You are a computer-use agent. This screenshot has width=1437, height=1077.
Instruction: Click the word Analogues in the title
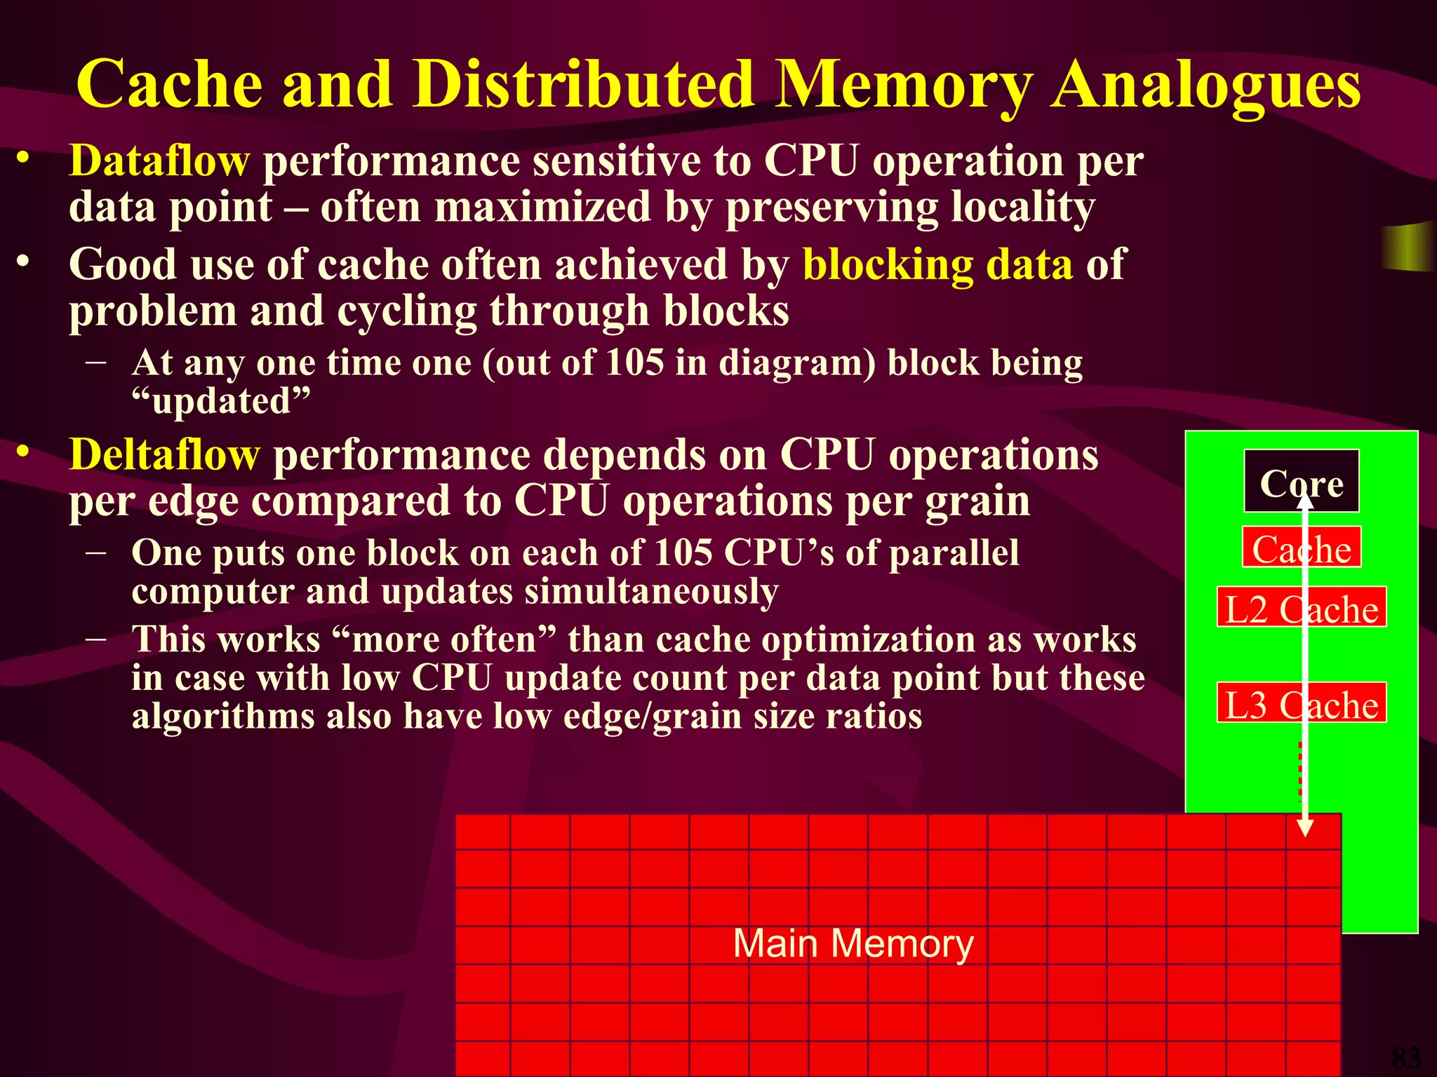click(1205, 86)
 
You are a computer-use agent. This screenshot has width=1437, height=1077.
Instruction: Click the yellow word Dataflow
click(159, 161)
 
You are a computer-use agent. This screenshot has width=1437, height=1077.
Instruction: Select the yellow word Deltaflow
click(164, 454)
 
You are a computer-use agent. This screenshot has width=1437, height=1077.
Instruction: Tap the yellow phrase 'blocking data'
click(937, 265)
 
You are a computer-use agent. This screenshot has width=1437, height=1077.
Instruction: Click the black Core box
click(1302, 482)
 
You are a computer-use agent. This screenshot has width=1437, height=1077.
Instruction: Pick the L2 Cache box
click(1302, 608)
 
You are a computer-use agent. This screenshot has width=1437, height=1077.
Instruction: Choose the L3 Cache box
click(1302, 703)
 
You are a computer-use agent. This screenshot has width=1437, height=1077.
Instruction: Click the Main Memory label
click(853, 943)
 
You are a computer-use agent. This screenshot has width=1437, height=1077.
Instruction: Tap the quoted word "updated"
click(221, 401)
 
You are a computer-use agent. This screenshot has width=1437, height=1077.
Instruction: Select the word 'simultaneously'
click(651, 591)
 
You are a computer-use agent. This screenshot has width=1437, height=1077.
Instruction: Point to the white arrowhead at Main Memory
click(1304, 828)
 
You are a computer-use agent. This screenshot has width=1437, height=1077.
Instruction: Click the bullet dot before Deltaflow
click(24, 453)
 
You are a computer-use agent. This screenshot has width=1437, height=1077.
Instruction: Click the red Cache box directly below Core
click(1302, 548)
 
